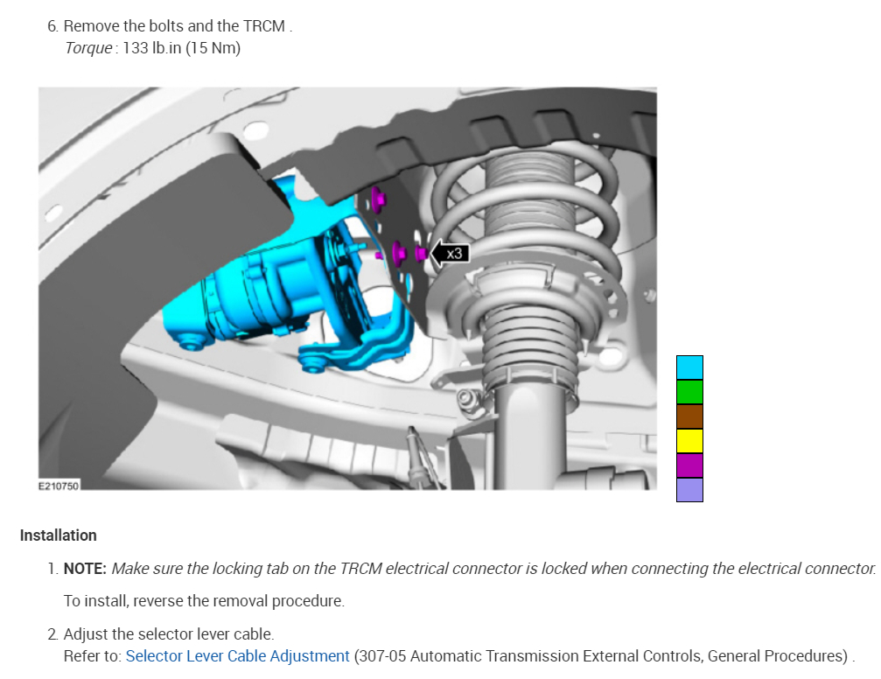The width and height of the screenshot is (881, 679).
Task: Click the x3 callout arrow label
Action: point(450,254)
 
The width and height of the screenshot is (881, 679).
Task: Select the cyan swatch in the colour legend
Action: point(689,367)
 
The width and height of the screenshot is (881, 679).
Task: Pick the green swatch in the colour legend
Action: point(689,392)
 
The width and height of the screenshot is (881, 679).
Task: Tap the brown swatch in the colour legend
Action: point(689,416)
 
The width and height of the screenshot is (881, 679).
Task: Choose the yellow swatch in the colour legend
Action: point(689,441)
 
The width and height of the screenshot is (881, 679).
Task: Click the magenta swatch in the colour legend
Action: point(689,465)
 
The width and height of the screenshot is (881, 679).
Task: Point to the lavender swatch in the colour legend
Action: point(689,490)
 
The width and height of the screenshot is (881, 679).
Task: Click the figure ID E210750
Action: point(59,486)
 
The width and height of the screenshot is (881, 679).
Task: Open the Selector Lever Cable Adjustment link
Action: point(237,656)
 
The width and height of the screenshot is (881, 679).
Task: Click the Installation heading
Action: point(59,535)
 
